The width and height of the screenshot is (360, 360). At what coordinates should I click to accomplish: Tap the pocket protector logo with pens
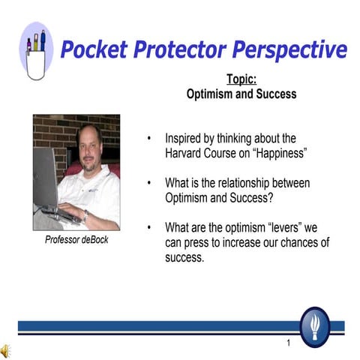click(36, 51)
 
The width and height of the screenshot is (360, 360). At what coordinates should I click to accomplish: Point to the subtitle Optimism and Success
click(241, 94)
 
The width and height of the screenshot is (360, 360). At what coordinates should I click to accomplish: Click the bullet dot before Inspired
click(150, 139)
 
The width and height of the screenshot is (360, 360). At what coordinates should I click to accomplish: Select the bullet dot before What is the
click(150, 183)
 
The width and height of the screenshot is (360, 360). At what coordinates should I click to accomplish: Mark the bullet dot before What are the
click(150, 228)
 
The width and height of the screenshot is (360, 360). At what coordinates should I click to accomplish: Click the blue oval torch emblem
click(314, 326)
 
